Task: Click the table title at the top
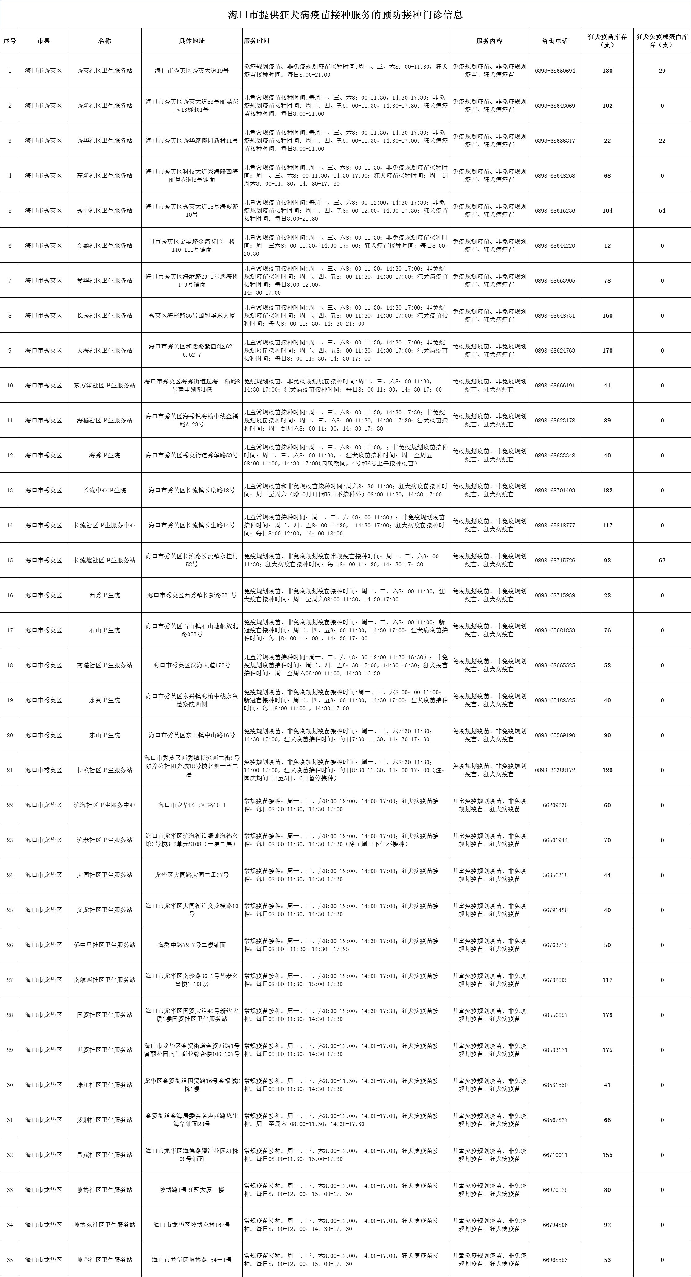tap(345, 15)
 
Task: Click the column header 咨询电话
tap(555, 41)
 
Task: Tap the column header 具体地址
tap(192, 41)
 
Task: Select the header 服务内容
tap(489, 41)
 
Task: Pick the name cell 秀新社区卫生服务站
tap(105, 106)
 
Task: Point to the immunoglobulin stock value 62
tap(662, 560)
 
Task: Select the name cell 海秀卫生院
tap(105, 455)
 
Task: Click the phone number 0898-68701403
tap(555, 490)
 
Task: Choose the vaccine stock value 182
tap(607, 490)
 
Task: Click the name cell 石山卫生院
tap(105, 630)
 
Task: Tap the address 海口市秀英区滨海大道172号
tap(192, 665)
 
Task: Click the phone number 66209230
tap(555, 805)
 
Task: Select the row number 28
tap(10, 1015)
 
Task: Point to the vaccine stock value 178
tap(607, 1015)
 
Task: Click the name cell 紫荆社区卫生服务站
tap(105, 1120)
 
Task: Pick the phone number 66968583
tap(555, 1260)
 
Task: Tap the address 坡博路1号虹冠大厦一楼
tap(192, 1190)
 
